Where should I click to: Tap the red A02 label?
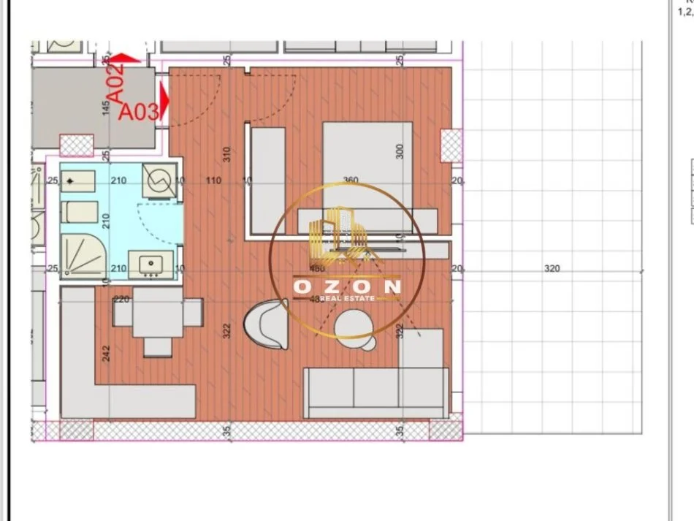pos(117,81)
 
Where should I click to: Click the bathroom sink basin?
pos(152,264)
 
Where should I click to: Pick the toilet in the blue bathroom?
pos(79,213)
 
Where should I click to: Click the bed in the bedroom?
pos(368,172)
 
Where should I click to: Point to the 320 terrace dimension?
pos(552,268)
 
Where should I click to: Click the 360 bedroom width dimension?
pos(351,180)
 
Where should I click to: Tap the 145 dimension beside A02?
pos(106,108)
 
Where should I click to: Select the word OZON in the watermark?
pos(347,286)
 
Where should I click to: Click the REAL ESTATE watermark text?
pos(347,297)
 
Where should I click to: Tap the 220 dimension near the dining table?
pos(121,299)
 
